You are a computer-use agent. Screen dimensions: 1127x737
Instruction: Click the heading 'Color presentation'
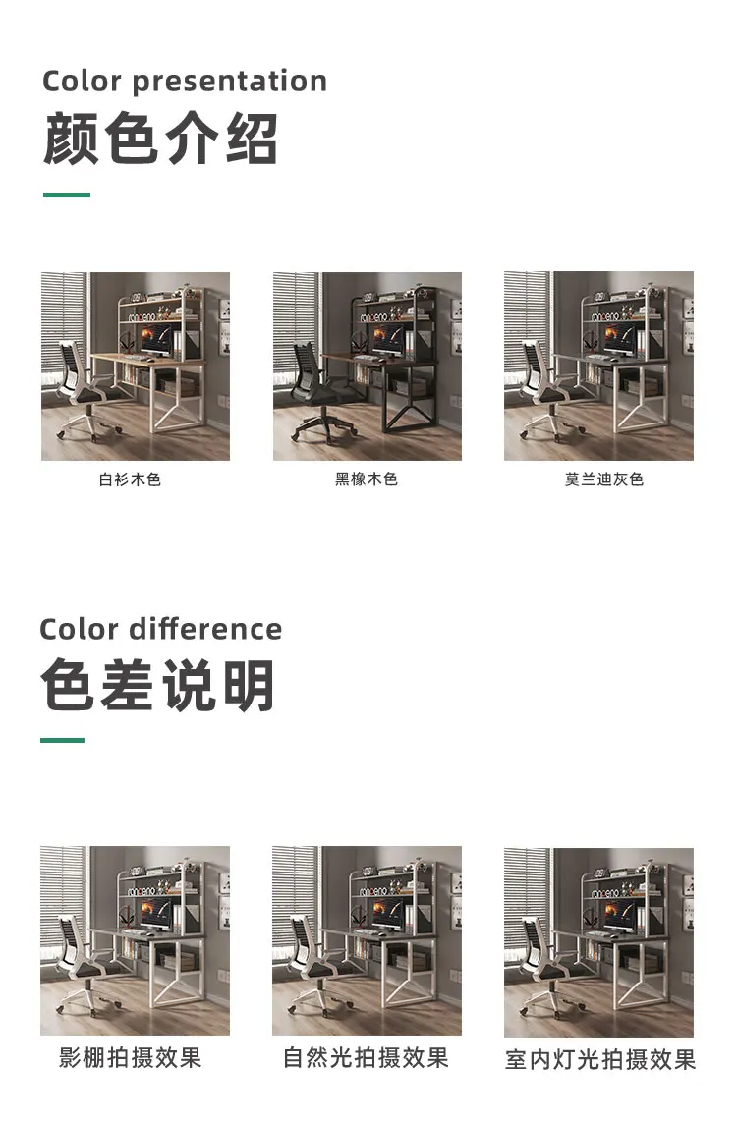tap(185, 81)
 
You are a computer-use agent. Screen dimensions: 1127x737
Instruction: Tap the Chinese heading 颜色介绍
tap(160, 139)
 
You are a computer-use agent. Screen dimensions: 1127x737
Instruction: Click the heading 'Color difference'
tap(160, 629)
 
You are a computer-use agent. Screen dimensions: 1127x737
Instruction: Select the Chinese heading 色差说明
tap(158, 685)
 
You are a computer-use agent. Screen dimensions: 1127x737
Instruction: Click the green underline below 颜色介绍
tap(67, 195)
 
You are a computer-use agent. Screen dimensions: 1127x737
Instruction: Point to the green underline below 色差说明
tap(62, 740)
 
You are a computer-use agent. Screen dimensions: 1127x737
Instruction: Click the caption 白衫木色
tap(130, 480)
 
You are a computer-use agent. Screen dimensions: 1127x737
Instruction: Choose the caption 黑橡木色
tap(367, 480)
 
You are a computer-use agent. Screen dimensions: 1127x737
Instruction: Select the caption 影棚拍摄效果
tap(131, 1057)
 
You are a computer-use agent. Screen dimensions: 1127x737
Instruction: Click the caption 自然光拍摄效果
tap(366, 1057)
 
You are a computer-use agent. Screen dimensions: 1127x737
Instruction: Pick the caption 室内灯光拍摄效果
tap(600, 1059)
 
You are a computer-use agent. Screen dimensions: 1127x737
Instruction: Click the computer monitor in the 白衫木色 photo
tap(153, 340)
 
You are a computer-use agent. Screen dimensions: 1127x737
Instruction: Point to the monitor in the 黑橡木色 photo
tap(385, 340)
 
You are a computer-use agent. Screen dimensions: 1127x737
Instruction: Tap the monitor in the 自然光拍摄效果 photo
tap(385, 914)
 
